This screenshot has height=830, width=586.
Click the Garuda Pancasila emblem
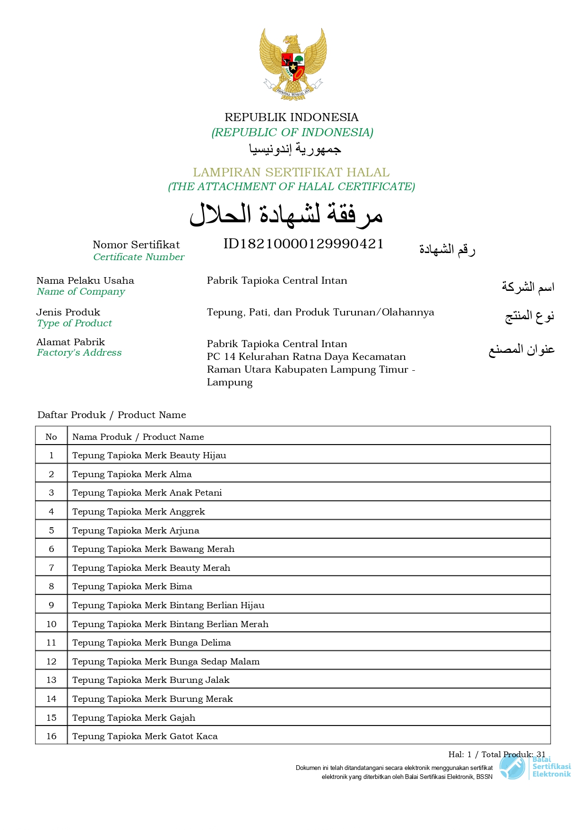(293, 64)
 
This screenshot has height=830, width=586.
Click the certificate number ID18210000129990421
(303, 244)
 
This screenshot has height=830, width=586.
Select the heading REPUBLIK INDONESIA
(291, 117)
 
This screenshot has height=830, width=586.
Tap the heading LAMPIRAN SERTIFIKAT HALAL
(291, 172)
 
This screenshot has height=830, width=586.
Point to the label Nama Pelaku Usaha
(85, 280)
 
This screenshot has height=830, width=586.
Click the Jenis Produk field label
(68, 312)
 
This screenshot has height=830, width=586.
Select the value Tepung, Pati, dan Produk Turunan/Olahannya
(320, 312)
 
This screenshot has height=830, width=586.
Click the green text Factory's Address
(79, 353)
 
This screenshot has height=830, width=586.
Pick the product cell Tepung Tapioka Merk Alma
(132, 474)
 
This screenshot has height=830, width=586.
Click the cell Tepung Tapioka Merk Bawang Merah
(153, 549)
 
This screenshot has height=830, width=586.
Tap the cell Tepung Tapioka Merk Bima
(132, 586)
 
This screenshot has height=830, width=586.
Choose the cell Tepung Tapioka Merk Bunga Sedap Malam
(166, 661)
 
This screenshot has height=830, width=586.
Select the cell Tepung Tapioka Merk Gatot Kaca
(145, 736)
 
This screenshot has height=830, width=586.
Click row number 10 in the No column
(52, 624)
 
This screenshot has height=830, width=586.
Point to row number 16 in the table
(52, 736)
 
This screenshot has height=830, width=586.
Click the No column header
(51, 437)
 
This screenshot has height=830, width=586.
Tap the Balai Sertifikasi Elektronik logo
(535, 767)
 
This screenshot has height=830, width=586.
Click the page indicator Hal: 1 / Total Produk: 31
(497, 754)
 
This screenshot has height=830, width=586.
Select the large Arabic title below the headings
(286, 215)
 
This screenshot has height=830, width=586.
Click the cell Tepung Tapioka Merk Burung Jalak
(151, 680)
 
